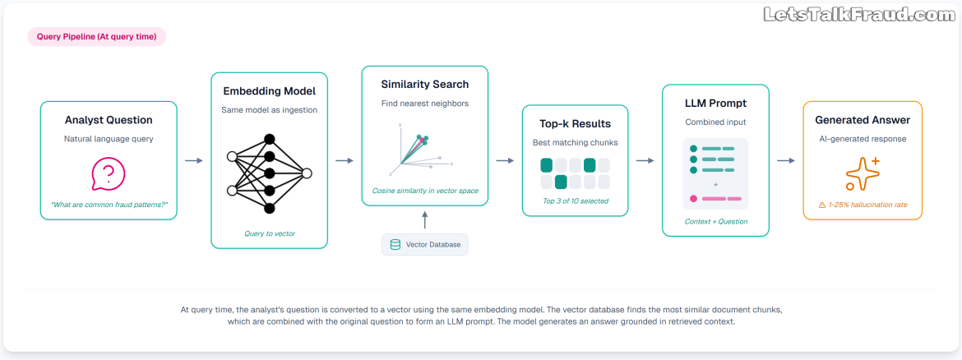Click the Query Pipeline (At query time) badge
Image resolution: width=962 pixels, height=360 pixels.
97,37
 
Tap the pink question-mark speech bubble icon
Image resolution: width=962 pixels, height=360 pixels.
108,174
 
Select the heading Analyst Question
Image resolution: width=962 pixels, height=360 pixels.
109,120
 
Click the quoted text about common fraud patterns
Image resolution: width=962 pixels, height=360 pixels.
109,204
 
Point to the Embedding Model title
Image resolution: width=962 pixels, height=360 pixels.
270,91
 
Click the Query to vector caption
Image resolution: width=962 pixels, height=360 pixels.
270,233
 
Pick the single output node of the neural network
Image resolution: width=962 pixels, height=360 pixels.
307,173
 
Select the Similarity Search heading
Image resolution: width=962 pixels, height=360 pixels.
424,85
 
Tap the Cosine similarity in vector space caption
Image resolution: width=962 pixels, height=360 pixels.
424,191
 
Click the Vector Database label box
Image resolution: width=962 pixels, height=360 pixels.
424,245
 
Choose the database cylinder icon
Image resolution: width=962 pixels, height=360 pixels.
395,245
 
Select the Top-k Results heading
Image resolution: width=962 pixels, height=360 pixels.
575,124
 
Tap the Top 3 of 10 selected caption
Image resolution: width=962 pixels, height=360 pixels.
575,201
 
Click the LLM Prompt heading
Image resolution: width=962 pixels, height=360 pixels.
715,103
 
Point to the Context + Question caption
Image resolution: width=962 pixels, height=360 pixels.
715,221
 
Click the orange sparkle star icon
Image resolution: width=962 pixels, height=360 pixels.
862,173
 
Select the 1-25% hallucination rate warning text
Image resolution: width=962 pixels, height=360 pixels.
862,205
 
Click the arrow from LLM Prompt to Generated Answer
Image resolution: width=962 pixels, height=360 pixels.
786,160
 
